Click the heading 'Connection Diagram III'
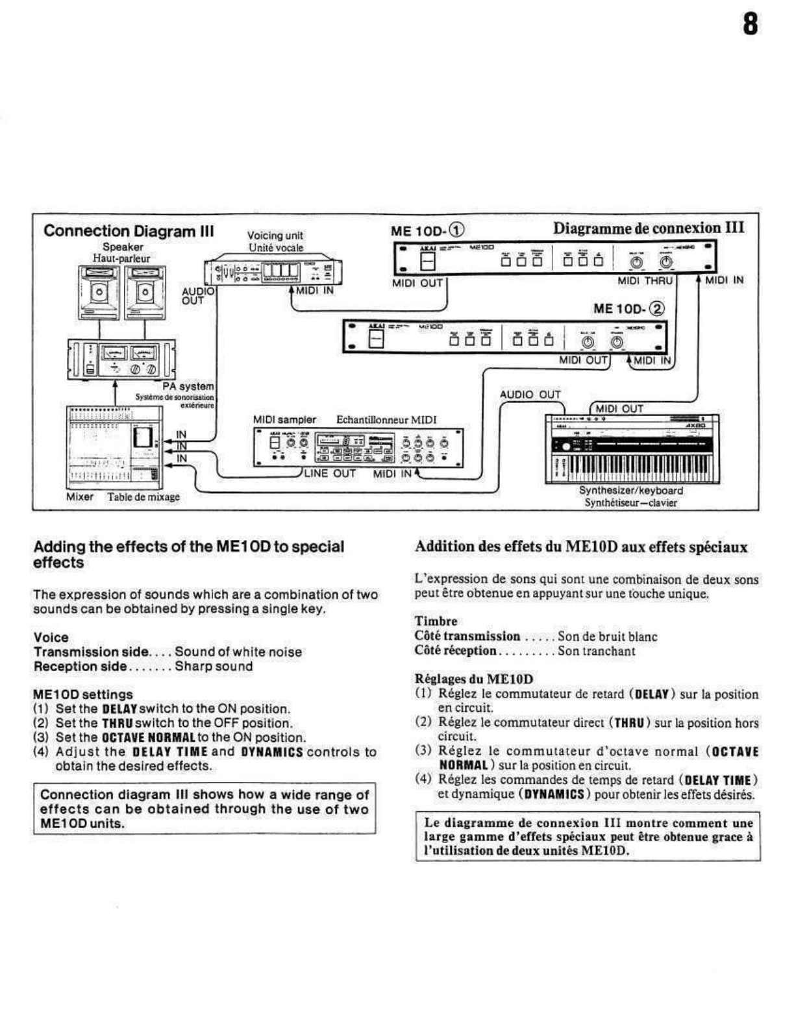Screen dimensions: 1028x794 click(129, 231)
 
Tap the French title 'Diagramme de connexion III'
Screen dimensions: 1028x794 click(648, 228)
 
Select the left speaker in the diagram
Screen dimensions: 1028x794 click(98, 292)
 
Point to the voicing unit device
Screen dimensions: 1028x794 click(273, 271)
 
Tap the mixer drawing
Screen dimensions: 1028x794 click(114, 448)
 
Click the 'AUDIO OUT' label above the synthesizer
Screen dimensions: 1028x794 click(530, 395)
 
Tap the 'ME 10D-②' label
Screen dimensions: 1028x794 click(628, 308)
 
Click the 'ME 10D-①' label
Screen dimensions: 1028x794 click(427, 230)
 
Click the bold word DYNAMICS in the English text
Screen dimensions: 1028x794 click(271, 752)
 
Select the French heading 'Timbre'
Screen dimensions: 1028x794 click(436, 621)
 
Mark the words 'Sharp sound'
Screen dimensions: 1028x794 click(214, 667)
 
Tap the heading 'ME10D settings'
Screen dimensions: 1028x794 click(83, 694)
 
